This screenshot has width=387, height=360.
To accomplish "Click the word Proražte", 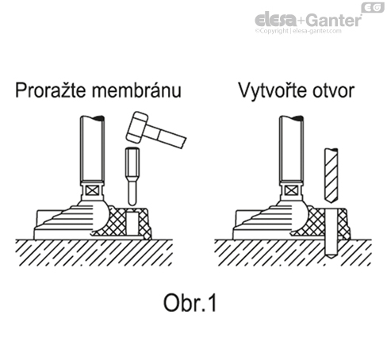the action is [51, 90].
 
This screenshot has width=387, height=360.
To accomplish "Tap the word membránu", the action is [136, 90].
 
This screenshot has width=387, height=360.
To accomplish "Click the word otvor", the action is [333, 91].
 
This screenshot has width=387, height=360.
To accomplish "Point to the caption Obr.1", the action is [190, 303].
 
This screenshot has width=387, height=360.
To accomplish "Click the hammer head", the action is [136, 127].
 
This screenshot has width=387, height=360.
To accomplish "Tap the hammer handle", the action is [166, 136].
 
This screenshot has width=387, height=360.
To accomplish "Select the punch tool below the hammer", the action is [132, 176].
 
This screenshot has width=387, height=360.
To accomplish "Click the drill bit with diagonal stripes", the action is [331, 175].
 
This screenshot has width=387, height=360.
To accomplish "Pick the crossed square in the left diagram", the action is [93, 190].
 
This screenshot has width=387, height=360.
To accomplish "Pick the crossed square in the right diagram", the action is [291, 190].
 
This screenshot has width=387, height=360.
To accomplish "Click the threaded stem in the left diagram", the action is [92, 148].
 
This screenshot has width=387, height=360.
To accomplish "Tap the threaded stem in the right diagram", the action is [291, 148].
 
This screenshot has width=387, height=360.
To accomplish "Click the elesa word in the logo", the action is [276, 20].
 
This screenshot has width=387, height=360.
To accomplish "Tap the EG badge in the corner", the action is [373, 7].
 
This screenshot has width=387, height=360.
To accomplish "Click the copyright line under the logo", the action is [298, 31].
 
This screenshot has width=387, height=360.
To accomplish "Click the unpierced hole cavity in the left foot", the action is [132, 223].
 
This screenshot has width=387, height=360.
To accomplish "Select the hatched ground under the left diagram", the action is [94, 253].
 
